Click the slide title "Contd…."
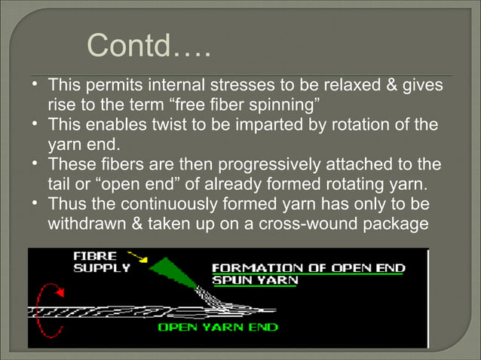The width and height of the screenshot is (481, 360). point(148,46)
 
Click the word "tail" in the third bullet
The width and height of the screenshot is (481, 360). point(59,183)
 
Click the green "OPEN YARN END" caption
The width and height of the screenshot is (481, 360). point(217,327)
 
